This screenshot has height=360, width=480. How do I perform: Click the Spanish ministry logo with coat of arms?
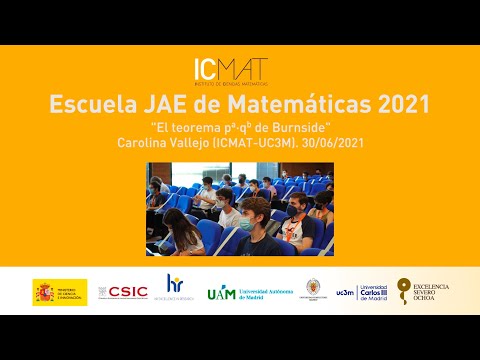pyautogui.click(x=59, y=291)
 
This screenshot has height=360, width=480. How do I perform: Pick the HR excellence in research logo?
pyautogui.click(x=175, y=289)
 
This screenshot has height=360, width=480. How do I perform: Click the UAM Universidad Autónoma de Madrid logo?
pyautogui.click(x=249, y=291)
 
